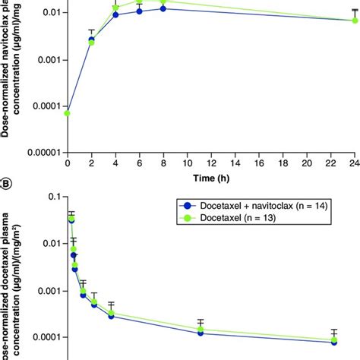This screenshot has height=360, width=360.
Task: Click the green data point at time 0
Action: click(68, 113)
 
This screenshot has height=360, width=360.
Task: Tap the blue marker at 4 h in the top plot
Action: click(115, 14)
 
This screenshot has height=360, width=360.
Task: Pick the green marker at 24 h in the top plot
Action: click(355, 21)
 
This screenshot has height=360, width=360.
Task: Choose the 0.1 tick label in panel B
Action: click(52, 197)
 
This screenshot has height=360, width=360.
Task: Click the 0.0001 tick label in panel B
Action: click(43, 337)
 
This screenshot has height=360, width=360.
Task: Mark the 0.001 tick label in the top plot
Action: click(47, 59)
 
